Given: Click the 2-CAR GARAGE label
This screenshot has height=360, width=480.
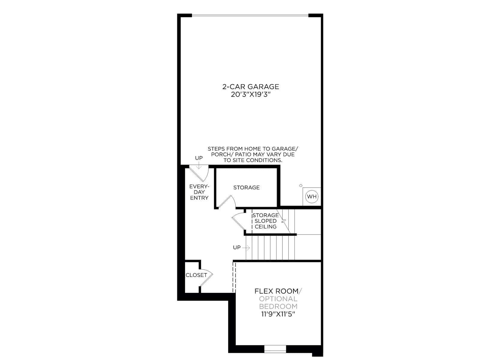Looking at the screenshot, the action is (250, 87).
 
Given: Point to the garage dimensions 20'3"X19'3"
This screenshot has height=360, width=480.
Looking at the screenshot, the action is (250, 94).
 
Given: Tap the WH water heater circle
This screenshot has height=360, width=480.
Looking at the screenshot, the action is (312, 196).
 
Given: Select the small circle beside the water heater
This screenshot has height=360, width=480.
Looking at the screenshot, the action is (301, 186).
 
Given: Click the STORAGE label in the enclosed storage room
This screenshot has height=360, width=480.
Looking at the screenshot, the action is (247, 187).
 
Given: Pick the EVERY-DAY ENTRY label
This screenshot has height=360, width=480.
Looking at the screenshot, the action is (199, 192).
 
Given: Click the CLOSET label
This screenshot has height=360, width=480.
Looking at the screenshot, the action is (196, 275).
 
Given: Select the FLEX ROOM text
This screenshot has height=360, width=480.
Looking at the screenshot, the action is (276, 291).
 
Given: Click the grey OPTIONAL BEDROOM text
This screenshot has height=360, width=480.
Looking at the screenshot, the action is (278, 302).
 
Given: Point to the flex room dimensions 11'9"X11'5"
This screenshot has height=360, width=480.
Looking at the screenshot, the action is (278, 314).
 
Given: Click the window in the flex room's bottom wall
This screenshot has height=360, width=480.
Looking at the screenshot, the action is (275, 349).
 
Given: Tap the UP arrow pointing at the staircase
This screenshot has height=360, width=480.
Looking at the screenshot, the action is (246, 248).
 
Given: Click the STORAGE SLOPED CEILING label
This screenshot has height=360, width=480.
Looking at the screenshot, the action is (265, 221).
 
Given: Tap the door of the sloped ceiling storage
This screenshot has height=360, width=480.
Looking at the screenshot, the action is (238, 221).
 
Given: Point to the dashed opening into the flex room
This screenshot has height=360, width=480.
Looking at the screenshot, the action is (234, 277).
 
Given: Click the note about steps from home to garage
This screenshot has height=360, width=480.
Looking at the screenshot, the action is (253, 154).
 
